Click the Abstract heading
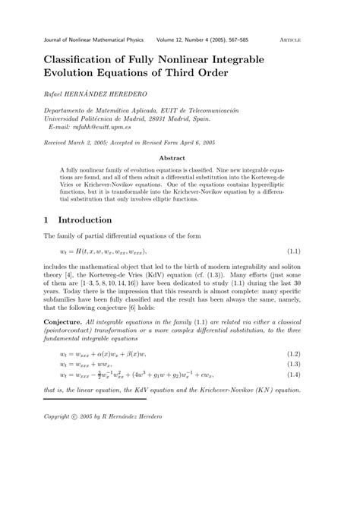180,158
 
